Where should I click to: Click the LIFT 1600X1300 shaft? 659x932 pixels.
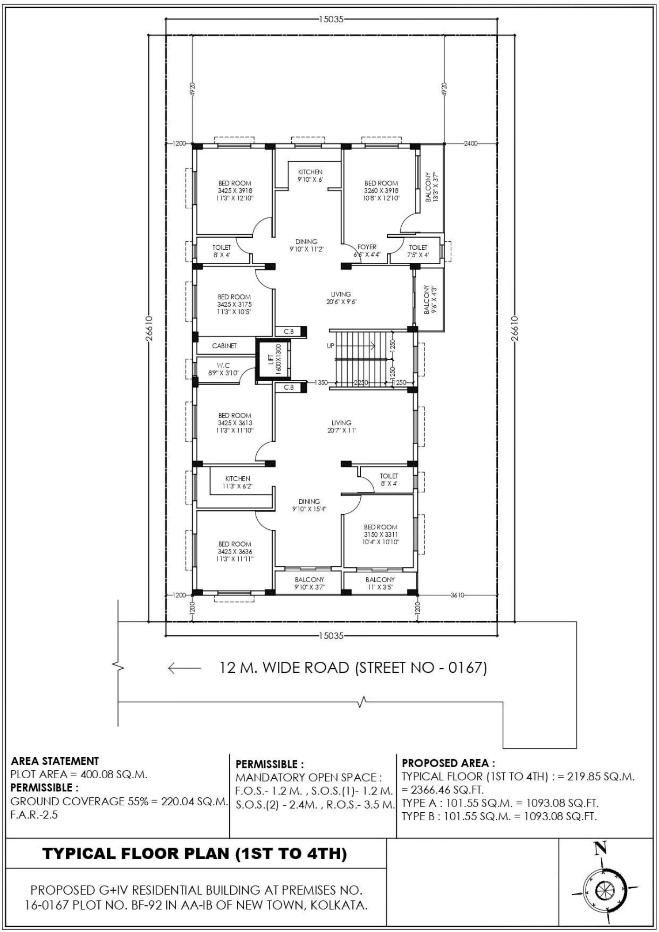click(x=273, y=362)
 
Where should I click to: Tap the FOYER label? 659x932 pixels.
click(x=367, y=247)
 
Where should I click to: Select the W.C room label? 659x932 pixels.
click(x=223, y=365)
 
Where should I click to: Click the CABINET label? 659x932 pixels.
click(x=224, y=346)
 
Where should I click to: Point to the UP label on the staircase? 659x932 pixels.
click(x=330, y=346)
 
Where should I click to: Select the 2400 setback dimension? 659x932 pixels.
click(x=471, y=144)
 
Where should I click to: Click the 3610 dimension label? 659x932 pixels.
click(x=458, y=595)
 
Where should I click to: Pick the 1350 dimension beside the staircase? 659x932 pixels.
click(x=321, y=383)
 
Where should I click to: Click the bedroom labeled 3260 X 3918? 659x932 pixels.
click(x=381, y=191)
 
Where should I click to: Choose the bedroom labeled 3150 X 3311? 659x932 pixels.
click(x=381, y=535)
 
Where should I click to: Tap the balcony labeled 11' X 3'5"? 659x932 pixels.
click(x=380, y=583)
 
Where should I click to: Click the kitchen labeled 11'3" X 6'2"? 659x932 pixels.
click(x=238, y=482)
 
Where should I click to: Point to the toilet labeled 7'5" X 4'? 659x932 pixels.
click(x=418, y=251)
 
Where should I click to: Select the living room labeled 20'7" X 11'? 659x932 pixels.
click(x=342, y=426)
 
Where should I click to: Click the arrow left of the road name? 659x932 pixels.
click(x=185, y=668)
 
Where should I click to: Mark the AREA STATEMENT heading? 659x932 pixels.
click(x=55, y=761)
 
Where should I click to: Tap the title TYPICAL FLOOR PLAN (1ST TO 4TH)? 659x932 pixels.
click(x=195, y=853)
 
